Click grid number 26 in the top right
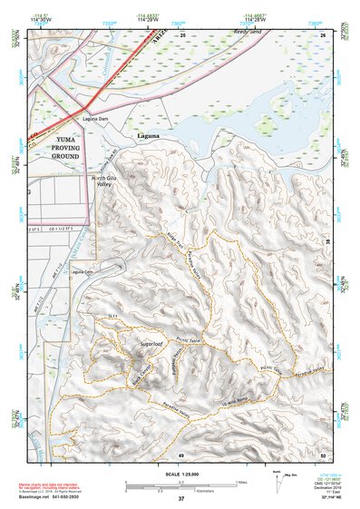click(x=322, y=34)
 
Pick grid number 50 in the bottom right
click(x=322, y=454)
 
